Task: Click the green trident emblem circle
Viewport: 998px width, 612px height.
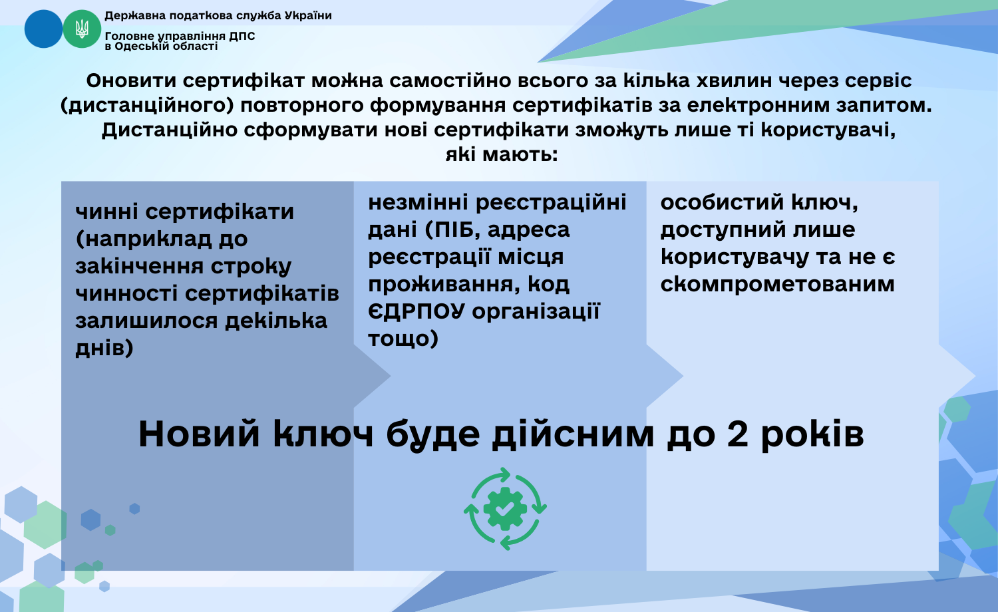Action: [82, 29]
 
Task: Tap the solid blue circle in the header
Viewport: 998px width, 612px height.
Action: [43, 29]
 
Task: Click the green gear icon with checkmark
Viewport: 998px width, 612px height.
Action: [505, 509]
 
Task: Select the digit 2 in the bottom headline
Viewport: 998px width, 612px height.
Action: [737, 434]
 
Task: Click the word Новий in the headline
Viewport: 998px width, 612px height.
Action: [199, 434]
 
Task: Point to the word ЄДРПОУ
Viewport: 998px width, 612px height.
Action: [416, 311]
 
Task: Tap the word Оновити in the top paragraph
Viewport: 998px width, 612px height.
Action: [131, 80]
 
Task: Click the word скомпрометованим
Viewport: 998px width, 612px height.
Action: [778, 284]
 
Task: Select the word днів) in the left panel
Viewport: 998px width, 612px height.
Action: [104, 348]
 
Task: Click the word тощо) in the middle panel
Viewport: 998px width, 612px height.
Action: [403, 339]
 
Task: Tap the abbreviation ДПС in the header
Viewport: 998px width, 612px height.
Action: [242, 36]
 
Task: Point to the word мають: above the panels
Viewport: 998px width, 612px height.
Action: [520, 154]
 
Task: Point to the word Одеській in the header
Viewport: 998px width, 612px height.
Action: [141, 47]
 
